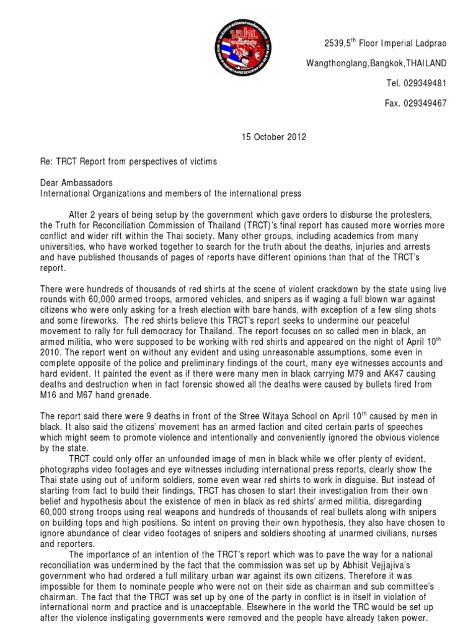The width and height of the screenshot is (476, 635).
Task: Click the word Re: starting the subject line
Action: click(x=46, y=161)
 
